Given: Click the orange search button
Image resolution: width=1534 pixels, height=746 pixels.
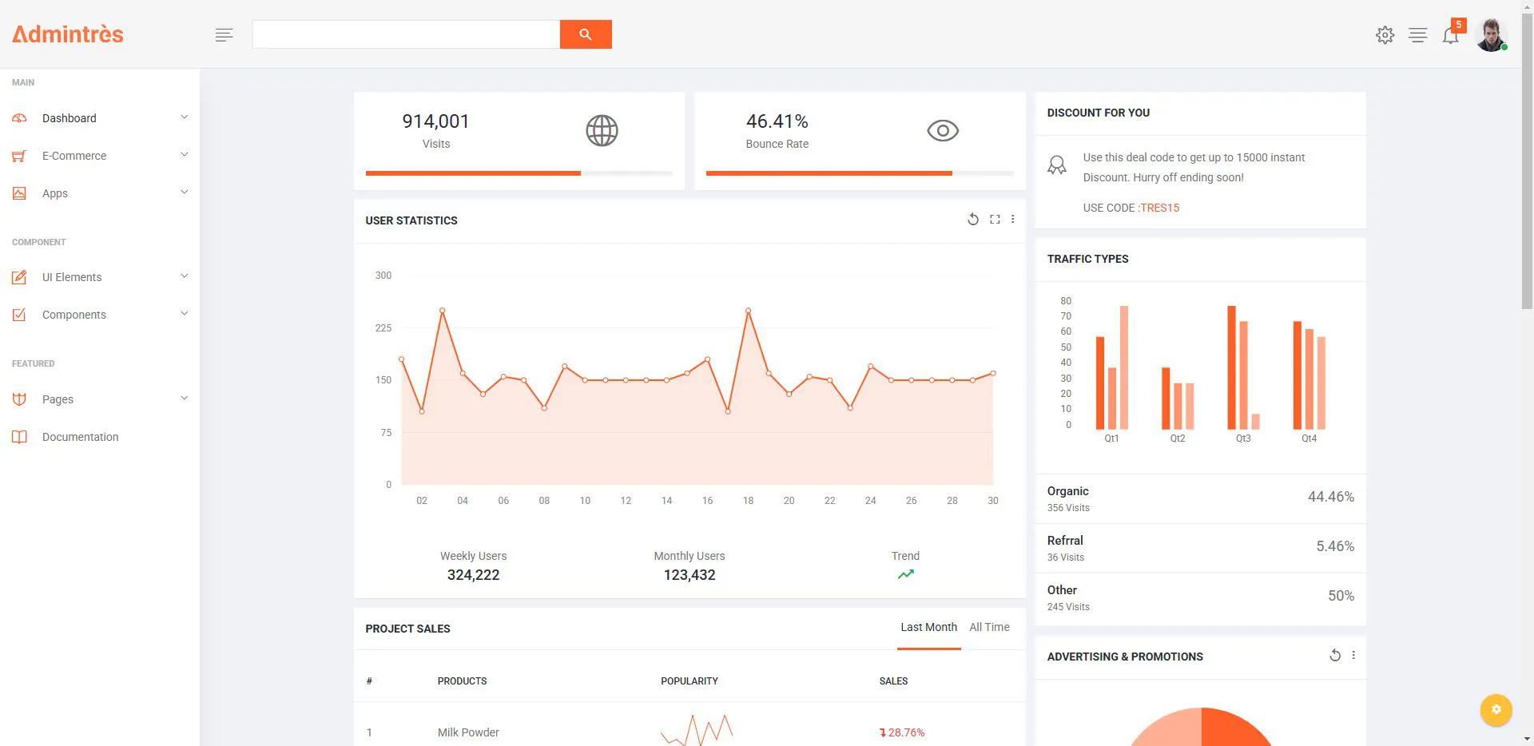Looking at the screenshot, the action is point(586,34).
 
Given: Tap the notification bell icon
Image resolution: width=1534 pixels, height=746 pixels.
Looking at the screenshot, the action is point(1450,35).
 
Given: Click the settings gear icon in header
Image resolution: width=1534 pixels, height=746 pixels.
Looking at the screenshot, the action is point(1385,35).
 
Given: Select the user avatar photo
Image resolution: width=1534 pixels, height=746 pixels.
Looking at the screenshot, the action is point(1491,35).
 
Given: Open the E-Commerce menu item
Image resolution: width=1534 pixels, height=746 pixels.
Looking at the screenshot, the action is point(74,156).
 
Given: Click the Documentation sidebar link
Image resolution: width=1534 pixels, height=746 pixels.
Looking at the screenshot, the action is point(80,437).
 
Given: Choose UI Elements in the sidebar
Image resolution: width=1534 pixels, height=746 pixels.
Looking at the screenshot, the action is point(72,277).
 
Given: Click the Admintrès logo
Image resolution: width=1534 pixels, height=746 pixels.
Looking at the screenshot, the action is point(68,34).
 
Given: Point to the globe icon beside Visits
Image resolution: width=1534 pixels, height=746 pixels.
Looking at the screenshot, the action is point(602,130).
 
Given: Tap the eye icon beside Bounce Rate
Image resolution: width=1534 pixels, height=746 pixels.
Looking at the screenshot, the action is point(943,130).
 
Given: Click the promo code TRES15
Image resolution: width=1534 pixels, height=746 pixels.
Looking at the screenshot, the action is point(1160,208).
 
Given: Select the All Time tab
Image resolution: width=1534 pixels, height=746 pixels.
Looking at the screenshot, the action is point(989,627).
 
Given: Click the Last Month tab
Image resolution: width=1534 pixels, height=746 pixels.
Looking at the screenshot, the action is point(928,627).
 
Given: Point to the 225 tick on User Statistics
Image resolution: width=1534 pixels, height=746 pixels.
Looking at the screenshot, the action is point(383,328).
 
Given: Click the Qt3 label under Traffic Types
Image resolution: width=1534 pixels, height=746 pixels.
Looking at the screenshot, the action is point(1243,438).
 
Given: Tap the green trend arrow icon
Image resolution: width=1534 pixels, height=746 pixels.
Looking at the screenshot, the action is point(905,574).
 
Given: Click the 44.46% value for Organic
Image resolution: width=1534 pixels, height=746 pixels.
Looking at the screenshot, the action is point(1331,497).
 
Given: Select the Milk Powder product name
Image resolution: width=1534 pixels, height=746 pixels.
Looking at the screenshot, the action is point(468,732).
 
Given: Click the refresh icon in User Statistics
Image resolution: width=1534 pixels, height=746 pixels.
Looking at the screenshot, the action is point(973,220).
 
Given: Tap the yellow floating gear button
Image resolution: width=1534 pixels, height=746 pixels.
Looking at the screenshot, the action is point(1496,709).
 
